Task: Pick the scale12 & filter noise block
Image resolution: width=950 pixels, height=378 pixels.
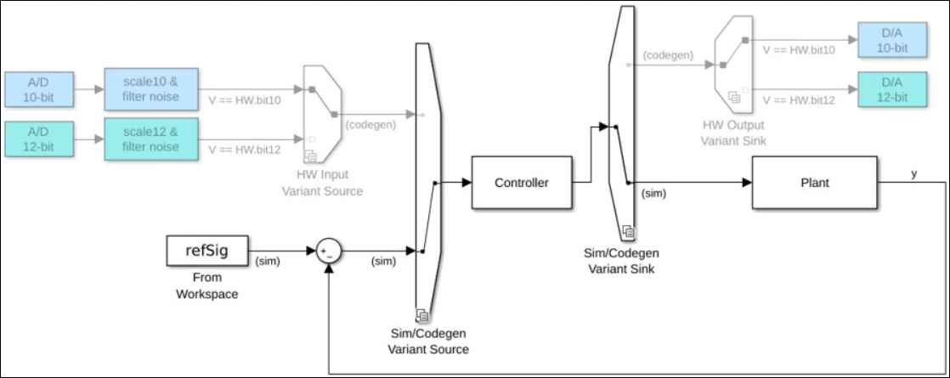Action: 151,139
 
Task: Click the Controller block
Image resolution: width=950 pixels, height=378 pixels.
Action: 521,183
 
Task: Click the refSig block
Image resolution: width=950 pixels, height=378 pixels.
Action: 208,250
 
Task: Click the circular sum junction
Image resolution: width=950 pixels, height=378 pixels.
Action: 328,251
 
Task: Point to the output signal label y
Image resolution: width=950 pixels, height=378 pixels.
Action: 913,173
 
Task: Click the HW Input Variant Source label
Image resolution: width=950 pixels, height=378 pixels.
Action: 322,183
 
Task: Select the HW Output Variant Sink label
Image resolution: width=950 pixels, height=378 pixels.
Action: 733,133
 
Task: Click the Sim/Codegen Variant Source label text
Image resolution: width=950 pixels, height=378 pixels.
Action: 428,341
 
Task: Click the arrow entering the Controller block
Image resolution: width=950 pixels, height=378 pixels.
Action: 466,183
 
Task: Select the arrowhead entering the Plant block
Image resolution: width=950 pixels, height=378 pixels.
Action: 747,183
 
